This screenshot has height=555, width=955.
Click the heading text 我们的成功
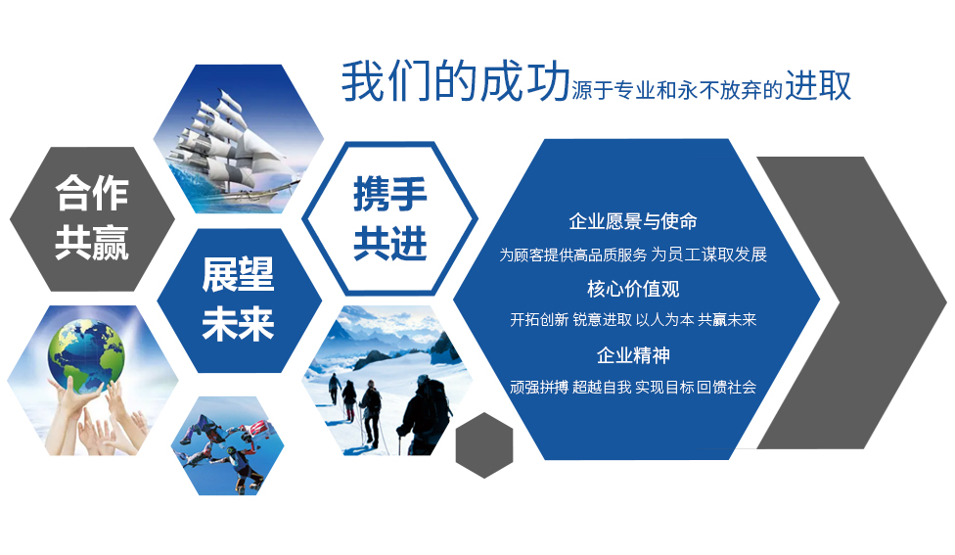pos(456,81)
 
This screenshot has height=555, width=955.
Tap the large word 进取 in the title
pos(817,85)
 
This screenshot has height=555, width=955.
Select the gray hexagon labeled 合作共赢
pos(92,218)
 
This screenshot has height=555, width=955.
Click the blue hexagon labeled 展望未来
pos(239,301)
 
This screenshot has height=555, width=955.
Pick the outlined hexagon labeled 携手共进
pos(389,218)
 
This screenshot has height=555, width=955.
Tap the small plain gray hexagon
pos(484,444)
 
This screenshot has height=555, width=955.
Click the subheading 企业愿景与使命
pos(633,221)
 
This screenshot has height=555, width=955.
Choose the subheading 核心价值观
pos(633,289)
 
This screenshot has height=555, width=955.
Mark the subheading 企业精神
pos(633,355)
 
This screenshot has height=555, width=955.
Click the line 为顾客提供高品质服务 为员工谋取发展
pos(633,254)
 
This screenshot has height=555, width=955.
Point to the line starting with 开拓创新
pos(633,319)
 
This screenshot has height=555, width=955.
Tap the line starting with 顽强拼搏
pos(633,387)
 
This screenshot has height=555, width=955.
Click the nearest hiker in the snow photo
pos(425,415)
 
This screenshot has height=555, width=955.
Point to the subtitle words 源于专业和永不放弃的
pos(677,90)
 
